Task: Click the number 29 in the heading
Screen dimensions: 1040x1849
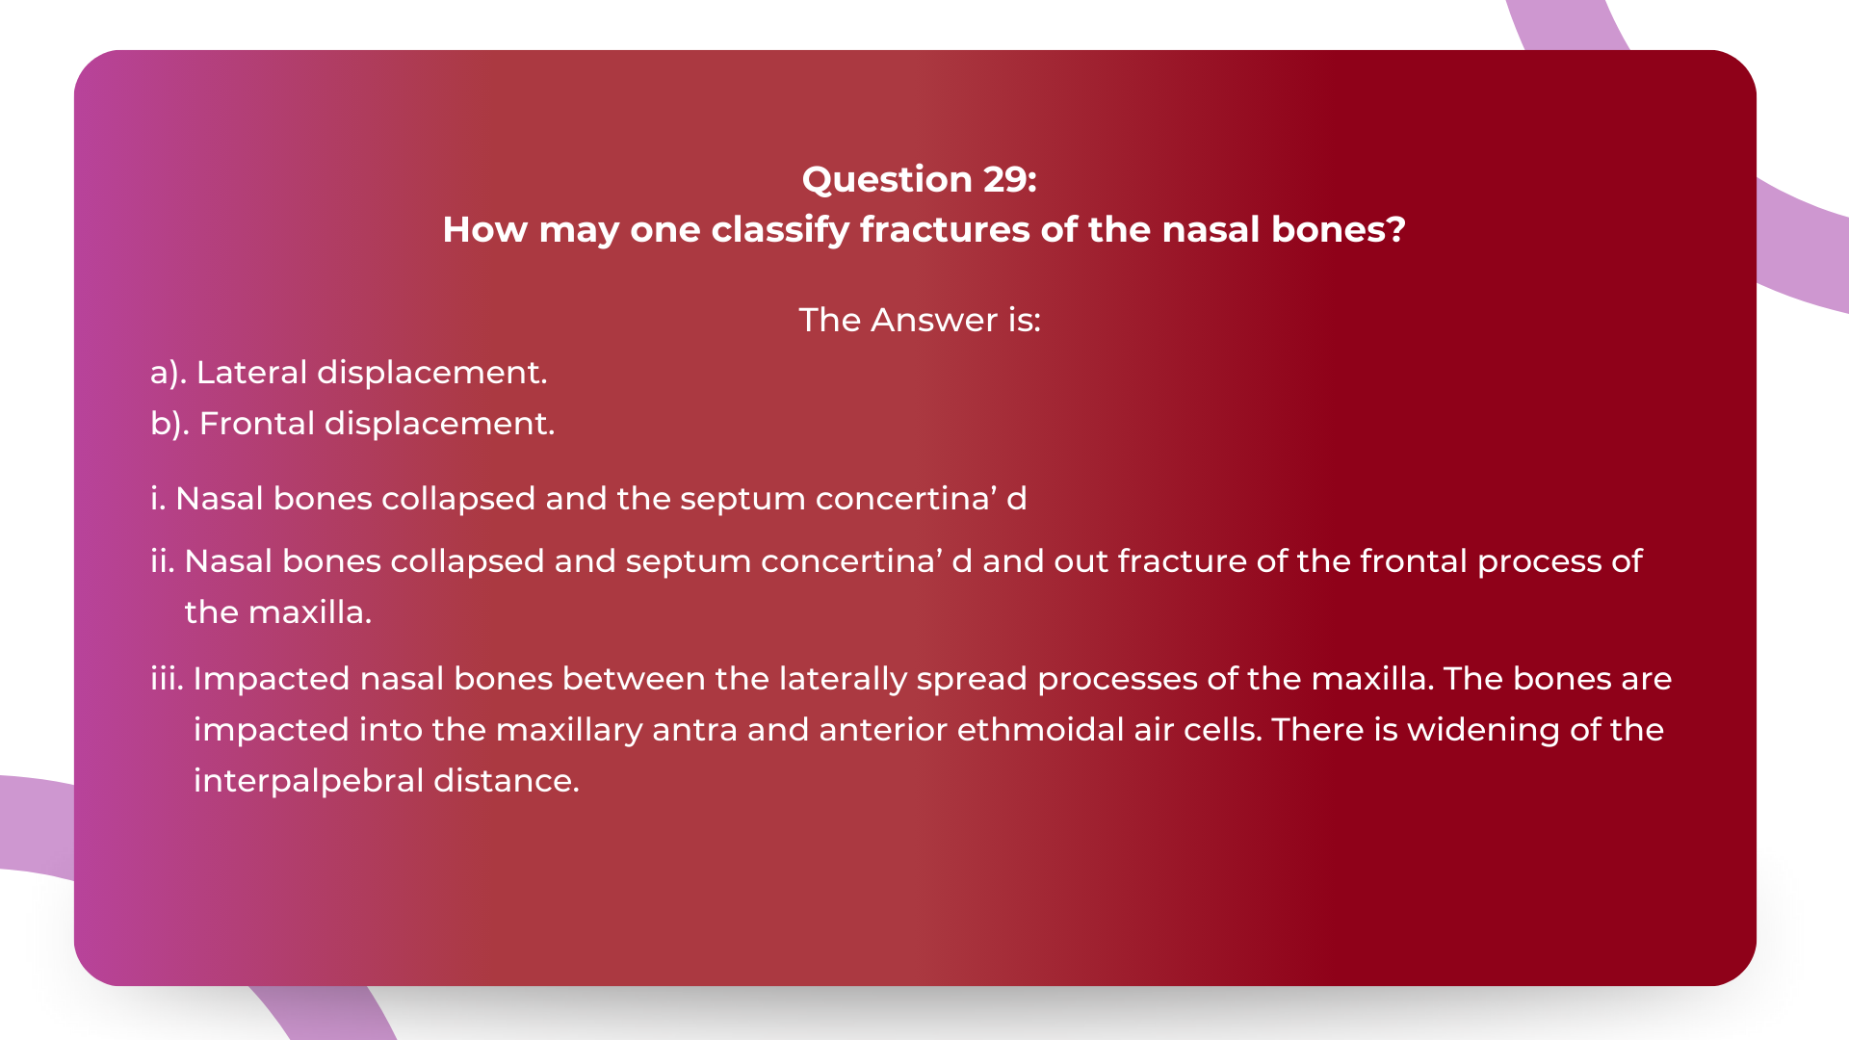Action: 1009,179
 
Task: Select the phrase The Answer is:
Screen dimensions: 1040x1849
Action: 920,320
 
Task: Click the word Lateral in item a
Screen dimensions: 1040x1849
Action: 251,373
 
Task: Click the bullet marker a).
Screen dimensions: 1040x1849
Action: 168,373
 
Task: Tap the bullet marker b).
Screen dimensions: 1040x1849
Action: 169,424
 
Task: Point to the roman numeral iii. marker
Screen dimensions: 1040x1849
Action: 167,679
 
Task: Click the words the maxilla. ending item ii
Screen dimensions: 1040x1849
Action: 277,612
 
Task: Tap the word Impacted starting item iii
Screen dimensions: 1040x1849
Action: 272,679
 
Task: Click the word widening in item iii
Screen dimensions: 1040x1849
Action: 1483,730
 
